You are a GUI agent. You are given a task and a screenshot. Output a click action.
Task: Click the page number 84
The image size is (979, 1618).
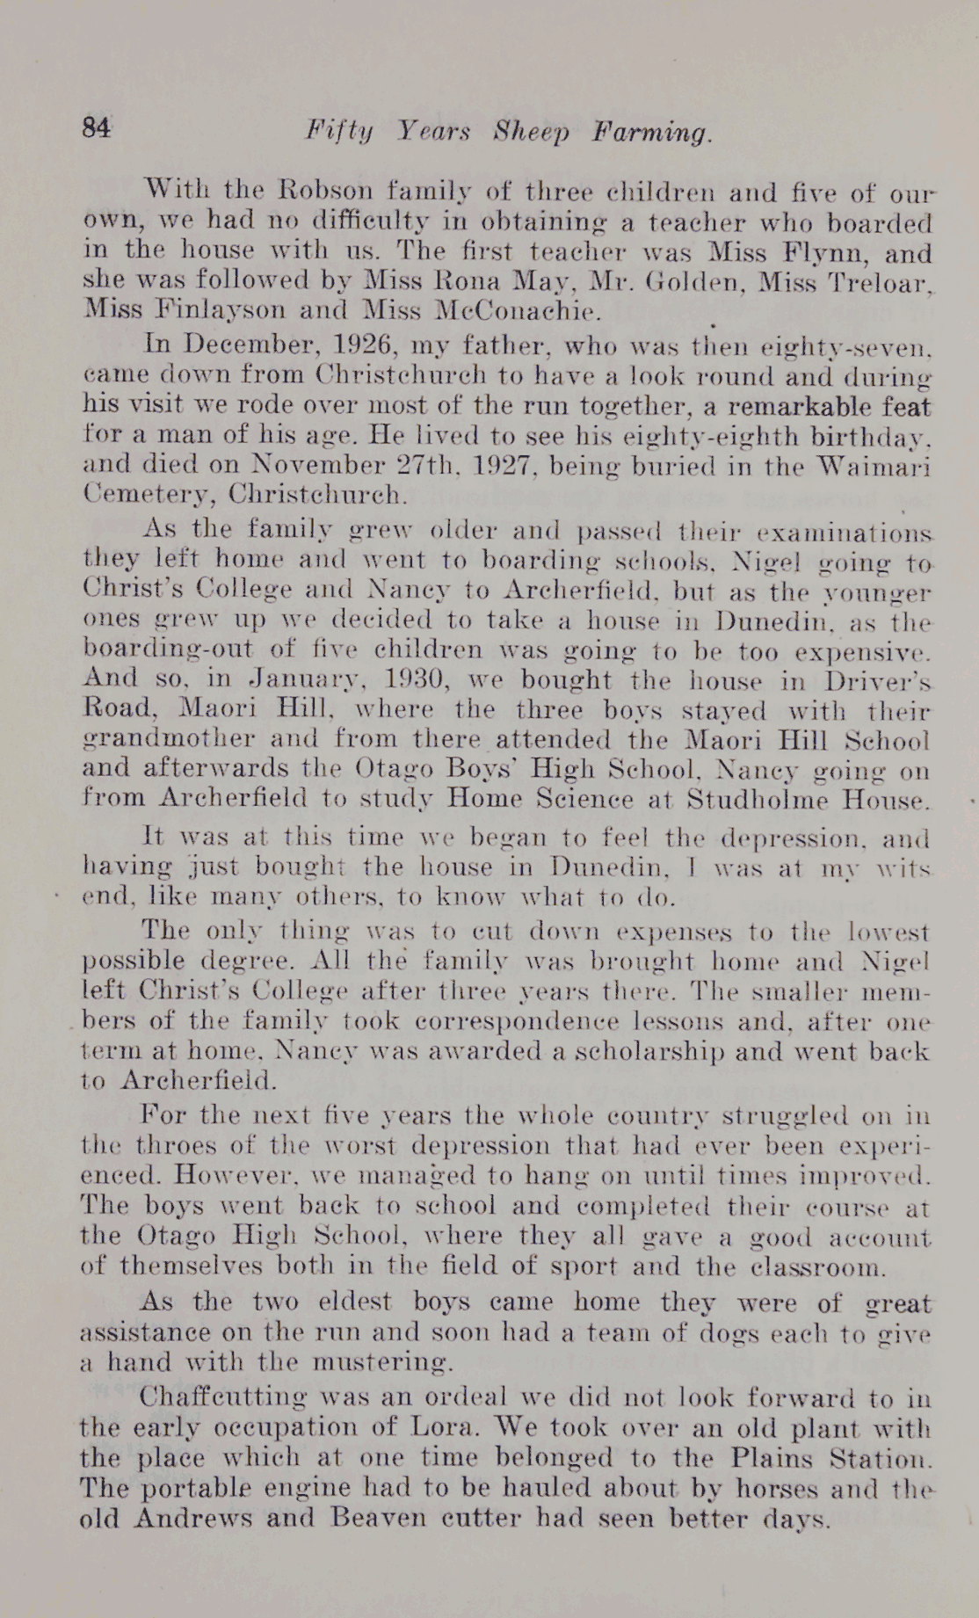[x=97, y=128]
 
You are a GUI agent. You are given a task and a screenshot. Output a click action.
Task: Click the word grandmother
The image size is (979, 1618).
[x=175, y=740]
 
